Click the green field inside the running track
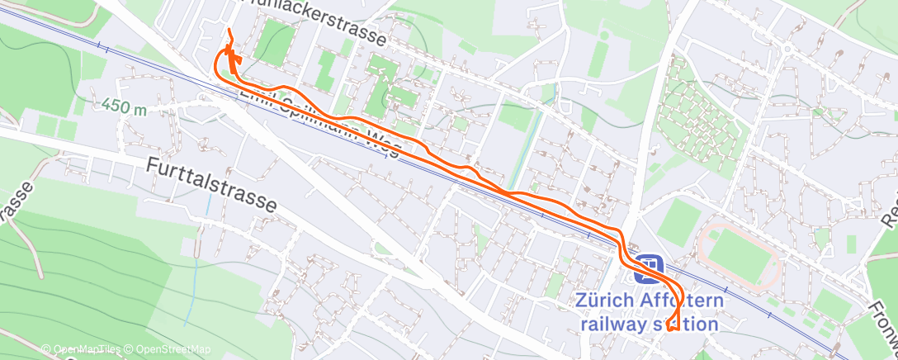point(740,256)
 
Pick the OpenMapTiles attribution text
point(81,350)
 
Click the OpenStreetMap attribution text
point(168,350)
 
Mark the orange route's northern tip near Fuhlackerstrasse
point(228,31)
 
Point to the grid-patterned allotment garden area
point(702,120)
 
